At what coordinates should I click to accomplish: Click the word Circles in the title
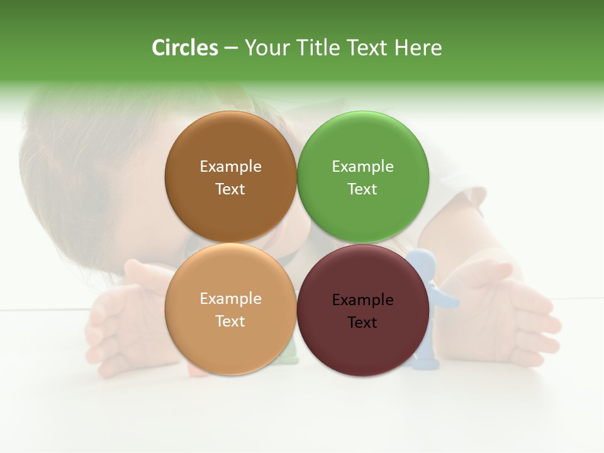coord(185,48)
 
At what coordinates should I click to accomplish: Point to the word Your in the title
coord(267,48)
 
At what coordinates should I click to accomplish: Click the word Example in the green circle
coord(362,167)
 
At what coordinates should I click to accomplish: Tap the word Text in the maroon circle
coord(362,323)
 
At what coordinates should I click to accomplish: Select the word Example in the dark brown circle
coord(230,167)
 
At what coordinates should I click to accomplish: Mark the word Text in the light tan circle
coord(230,322)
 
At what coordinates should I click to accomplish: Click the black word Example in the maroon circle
coord(362,300)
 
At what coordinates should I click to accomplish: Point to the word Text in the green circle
coord(362,189)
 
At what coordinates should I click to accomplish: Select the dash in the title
coord(231,48)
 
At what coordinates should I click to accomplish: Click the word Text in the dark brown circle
coord(230,189)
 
